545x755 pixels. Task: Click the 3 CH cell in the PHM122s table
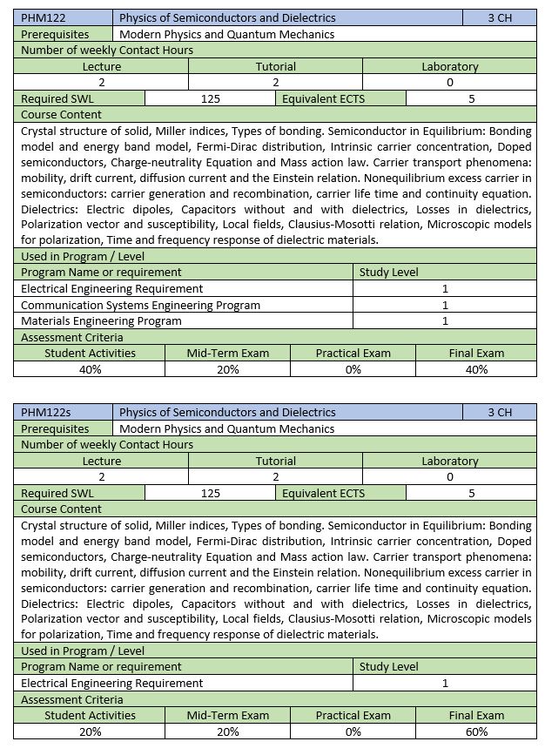[500, 412]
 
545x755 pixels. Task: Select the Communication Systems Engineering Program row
[140, 305]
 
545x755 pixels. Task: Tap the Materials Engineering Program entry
[101, 320]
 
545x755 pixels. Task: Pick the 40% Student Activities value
[90, 369]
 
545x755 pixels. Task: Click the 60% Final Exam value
[476, 731]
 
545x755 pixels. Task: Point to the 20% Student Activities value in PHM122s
[90, 731]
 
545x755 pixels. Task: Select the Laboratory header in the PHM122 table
[449, 66]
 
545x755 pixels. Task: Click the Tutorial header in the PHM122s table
[275, 461]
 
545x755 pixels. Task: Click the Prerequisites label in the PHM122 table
[55, 34]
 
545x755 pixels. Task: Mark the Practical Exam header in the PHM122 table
[353, 353]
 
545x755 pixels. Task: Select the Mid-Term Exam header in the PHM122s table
[228, 715]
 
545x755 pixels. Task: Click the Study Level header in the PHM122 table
[388, 272]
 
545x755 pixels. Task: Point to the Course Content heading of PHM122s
[61, 509]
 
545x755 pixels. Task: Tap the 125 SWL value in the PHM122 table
[210, 98]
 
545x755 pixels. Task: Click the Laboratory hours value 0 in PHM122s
[449, 476]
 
